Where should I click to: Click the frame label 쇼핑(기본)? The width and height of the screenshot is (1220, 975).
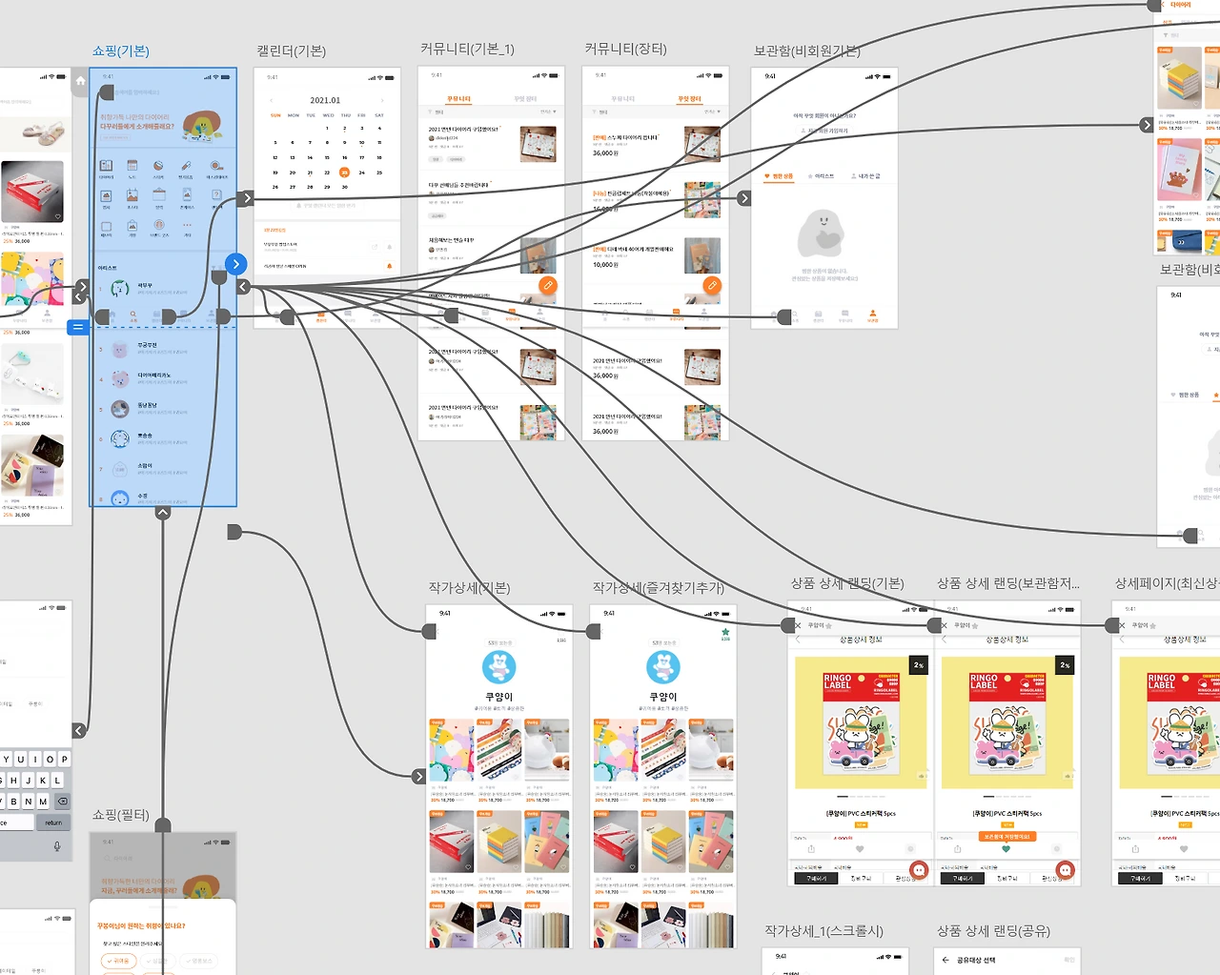pyautogui.click(x=120, y=51)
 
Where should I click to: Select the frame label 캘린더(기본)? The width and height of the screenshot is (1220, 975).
pyautogui.click(x=291, y=51)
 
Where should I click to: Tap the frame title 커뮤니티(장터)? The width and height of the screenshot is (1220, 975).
pyautogui.click(x=625, y=49)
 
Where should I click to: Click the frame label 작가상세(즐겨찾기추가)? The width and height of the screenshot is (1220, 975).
pyautogui.click(x=658, y=588)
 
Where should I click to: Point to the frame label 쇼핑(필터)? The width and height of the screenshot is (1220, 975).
pyautogui.click(x=120, y=815)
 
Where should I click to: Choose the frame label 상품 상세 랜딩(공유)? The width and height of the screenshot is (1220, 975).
pyautogui.click(x=993, y=930)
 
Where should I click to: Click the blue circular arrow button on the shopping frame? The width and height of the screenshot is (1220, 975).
pyautogui.click(x=235, y=264)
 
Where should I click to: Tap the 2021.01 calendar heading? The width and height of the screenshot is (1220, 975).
pyautogui.click(x=325, y=100)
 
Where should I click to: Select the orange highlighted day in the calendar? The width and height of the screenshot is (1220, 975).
pyautogui.click(x=344, y=173)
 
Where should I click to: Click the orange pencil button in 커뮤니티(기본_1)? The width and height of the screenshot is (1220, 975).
pyautogui.click(x=547, y=285)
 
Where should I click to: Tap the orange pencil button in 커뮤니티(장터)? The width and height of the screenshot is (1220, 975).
pyautogui.click(x=711, y=285)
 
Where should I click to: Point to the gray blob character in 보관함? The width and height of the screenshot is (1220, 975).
pyautogui.click(x=821, y=234)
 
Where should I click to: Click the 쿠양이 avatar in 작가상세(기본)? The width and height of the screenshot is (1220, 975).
pyautogui.click(x=499, y=667)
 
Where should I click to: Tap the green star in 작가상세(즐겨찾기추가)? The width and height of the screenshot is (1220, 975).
pyautogui.click(x=725, y=632)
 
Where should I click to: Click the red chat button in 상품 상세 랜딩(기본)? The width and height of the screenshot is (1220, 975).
pyautogui.click(x=919, y=869)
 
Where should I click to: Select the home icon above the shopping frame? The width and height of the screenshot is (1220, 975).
pyautogui.click(x=80, y=81)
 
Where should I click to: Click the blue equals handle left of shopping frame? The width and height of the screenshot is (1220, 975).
pyautogui.click(x=78, y=327)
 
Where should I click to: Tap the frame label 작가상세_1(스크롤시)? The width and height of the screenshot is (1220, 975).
pyautogui.click(x=823, y=930)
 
